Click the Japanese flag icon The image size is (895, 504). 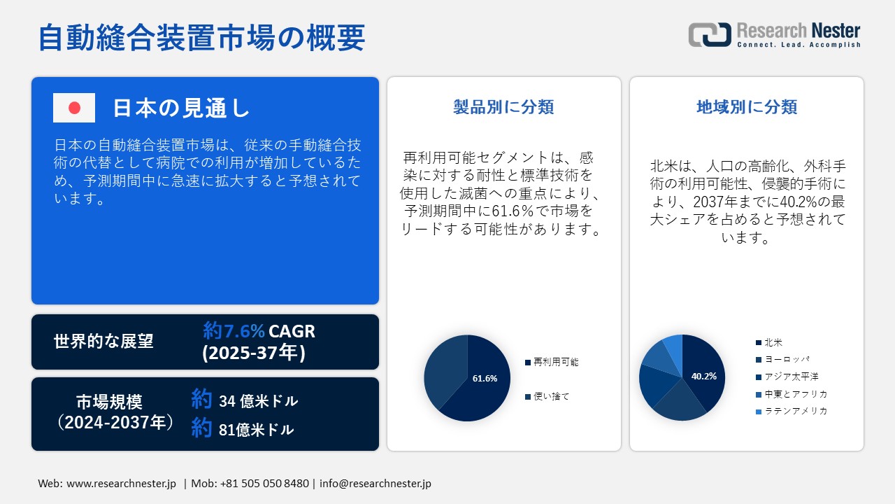74,108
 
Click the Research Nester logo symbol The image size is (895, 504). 710,34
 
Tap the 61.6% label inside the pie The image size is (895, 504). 485,379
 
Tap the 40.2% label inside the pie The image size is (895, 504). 704,376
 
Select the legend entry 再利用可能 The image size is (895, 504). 552,362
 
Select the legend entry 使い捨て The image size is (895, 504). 547,396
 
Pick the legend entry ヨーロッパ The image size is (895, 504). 782,360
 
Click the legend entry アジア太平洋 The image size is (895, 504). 787,377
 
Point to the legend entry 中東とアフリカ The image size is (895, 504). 792,394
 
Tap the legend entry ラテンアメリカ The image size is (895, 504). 792,411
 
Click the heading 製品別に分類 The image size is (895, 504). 503,107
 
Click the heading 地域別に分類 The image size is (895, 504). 747,107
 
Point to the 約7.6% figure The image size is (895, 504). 234,331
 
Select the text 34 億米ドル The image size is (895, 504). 259,401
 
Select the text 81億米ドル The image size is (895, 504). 256,430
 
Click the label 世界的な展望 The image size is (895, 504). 103,341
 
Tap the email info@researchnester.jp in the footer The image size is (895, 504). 375,483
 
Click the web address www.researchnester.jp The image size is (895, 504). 121,483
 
